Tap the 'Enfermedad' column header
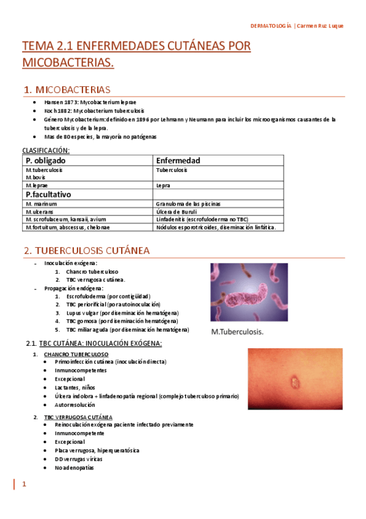(x=178, y=160)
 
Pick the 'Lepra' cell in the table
(x=163, y=185)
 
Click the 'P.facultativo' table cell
(x=48, y=194)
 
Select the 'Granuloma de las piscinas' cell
(x=189, y=203)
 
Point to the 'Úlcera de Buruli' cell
(x=177, y=211)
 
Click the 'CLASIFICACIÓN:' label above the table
(x=46, y=150)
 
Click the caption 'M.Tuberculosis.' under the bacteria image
(x=237, y=332)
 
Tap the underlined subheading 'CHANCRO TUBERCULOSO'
(x=76, y=354)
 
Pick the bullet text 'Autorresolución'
(x=75, y=405)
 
